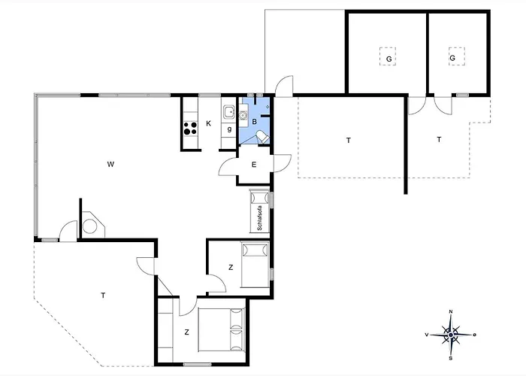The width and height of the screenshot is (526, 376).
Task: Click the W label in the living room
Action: click(110, 163)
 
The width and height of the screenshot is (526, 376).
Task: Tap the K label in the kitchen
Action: click(209, 123)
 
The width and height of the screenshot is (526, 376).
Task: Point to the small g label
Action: click(229, 129)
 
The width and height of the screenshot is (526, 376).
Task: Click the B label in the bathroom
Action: click(255, 121)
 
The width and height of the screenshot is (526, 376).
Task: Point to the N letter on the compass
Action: click(450, 311)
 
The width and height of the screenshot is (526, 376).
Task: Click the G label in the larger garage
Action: click(388, 58)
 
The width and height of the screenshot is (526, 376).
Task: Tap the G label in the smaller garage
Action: click(452, 58)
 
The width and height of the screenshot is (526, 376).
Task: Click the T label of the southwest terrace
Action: click(102, 296)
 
